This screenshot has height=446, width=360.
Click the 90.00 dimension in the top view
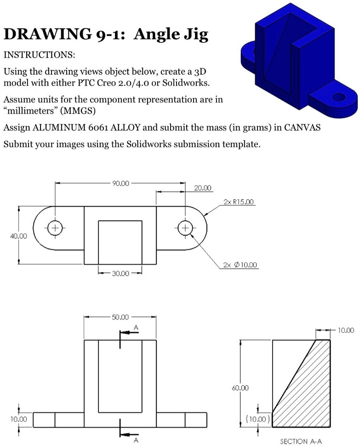[x=120, y=183]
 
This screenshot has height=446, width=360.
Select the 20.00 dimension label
[x=203, y=188]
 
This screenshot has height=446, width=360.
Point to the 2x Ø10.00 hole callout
[x=240, y=265]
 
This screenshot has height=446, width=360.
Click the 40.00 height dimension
[x=18, y=236]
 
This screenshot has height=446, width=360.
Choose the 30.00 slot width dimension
[x=120, y=273]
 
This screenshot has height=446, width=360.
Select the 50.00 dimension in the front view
[x=120, y=317]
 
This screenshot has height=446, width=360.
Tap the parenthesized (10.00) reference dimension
[x=258, y=419]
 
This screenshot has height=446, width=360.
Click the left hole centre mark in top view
[x=55, y=228]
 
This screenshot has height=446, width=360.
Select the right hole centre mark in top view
[x=185, y=228]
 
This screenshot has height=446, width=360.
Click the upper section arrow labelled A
[x=129, y=332]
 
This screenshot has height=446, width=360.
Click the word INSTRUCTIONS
[x=39, y=55]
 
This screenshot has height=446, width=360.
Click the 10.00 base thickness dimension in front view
[x=18, y=420]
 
